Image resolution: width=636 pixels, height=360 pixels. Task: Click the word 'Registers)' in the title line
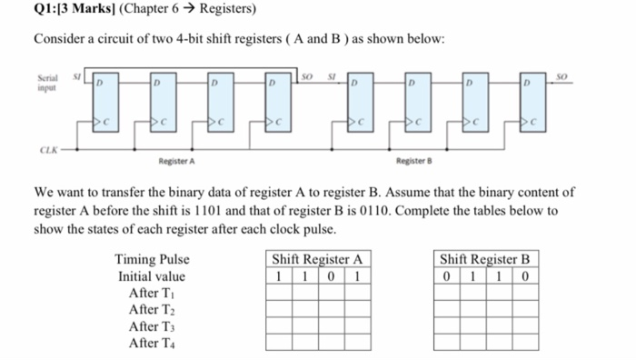click(x=228, y=10)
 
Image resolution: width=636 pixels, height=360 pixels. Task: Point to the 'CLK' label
click(x=45, y=153)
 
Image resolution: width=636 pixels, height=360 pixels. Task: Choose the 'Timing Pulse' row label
click(x=152, y=260)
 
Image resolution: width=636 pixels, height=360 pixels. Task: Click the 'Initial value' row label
click(x=152, y=276)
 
